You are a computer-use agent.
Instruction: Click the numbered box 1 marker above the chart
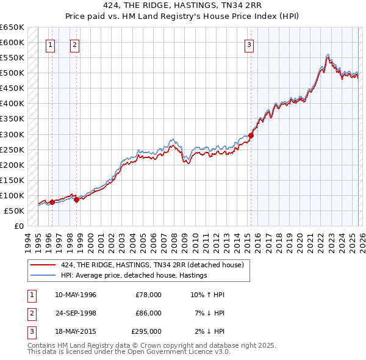[x=50, y=44]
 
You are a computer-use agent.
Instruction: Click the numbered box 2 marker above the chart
[x=74, y=44]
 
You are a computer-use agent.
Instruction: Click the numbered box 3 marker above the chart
[x=249, y=44]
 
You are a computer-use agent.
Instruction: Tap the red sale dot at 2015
[x=251, y=135]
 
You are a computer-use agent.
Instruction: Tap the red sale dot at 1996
[x=52, y=202]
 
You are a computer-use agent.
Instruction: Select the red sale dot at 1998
[x=77, y=200]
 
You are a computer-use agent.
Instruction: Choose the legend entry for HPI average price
[x=134, y=275]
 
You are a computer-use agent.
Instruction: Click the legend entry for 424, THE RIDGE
[x=152, y=265]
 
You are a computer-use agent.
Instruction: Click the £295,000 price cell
[x=146, y=331]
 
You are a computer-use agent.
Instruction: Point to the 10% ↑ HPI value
[x=207, y=295]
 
